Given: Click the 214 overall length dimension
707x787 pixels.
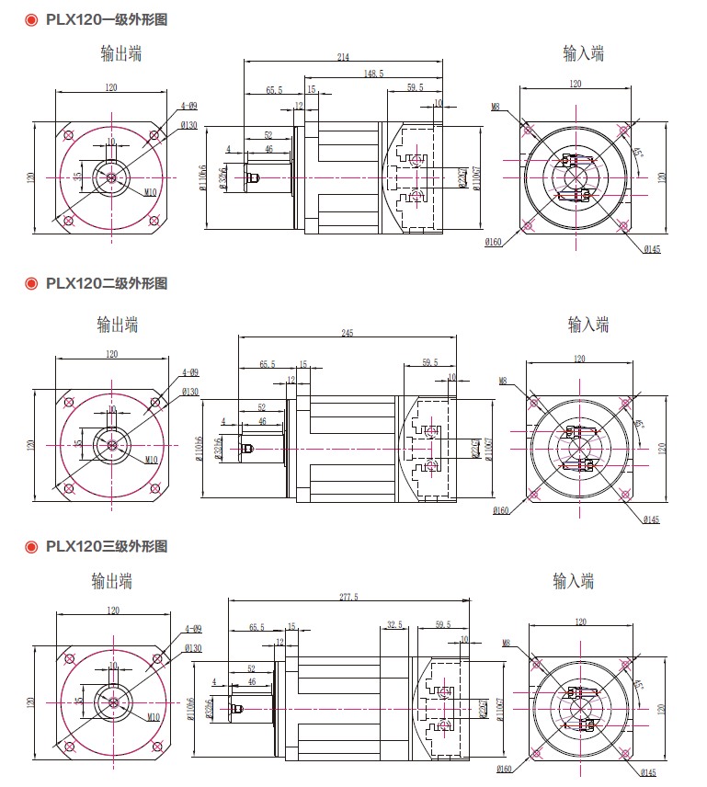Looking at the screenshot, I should [x=343, y=57].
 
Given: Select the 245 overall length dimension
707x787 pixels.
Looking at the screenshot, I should [x=347, y=333].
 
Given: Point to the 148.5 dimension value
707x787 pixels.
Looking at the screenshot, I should [x=373, y=73].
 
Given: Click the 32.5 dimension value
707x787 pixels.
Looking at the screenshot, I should [x=394, y=625].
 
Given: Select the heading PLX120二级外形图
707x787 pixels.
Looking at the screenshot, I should [x=107, y=283].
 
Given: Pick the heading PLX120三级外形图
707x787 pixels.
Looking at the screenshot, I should [x=107, y=546].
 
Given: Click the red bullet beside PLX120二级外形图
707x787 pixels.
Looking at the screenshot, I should [x=30, y=283].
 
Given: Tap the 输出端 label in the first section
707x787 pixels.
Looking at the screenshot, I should [x=121, y=53].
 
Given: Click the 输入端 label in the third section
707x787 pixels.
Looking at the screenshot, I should [x=574, y=581].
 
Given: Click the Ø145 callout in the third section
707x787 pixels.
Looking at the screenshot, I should [x=648, y=773].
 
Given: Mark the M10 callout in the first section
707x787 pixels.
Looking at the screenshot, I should [x=151, y=193].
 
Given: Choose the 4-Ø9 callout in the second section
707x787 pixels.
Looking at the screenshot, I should [x=190, y=372].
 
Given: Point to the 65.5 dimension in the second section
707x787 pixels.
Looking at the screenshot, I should [x=268, y=364].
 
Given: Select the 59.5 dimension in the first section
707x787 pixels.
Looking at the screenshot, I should [x=415, y=88].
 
